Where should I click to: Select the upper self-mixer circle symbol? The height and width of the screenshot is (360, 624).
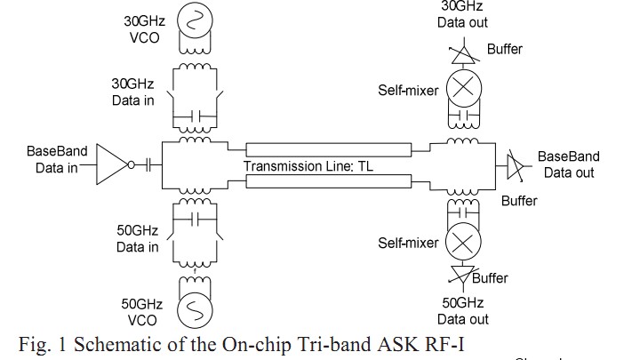point(462,88)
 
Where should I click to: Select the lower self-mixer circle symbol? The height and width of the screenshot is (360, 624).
point(462,240)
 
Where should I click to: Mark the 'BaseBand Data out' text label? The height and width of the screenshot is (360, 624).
point(568,164)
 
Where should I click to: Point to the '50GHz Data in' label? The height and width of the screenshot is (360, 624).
point(137,239)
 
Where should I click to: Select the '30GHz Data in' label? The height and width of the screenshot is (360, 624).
point(133,92)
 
